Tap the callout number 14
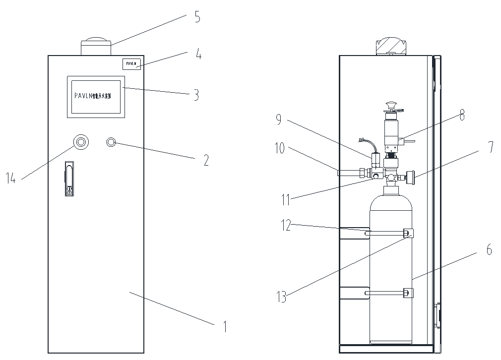coord(11,178)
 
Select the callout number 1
coord(225,326)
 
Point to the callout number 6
coord(489,250)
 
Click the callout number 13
coord(280,297)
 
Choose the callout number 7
coord(490,146)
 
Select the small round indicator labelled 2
coord(111,143)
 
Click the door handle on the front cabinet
coord(69,178)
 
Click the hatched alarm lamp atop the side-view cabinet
coord(390,47)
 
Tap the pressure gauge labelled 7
coord(410,176)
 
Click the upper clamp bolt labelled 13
coord(408,233)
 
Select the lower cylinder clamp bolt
coord(408,293)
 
